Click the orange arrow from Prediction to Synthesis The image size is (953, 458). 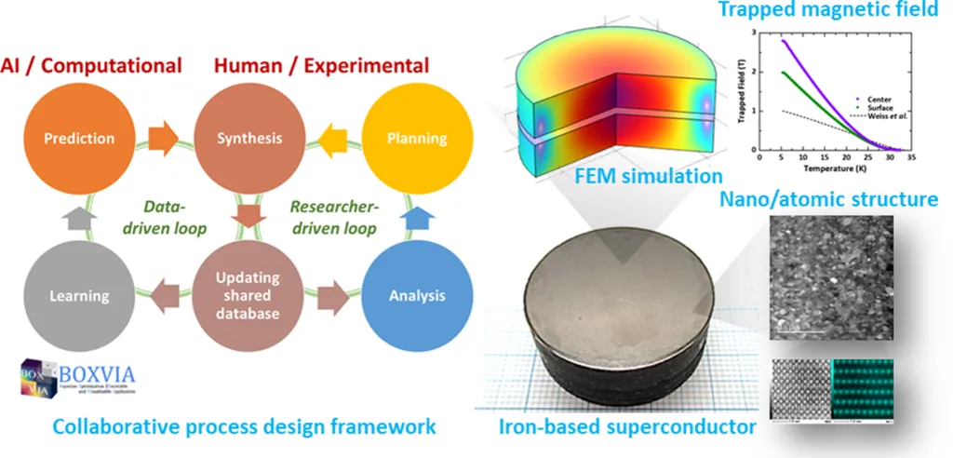tap(165, 139)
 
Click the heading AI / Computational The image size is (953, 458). tap(92, 65)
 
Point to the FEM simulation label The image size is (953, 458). tap(665, 174)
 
